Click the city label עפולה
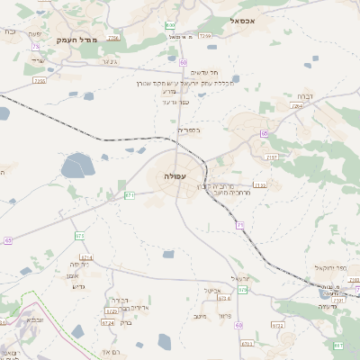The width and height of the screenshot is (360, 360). pyautogui.click(x=175, y=176)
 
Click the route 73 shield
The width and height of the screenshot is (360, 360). pyautogui.click(x=35, y=46)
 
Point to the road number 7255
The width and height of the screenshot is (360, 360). pyautogui.click(x=39, y=81)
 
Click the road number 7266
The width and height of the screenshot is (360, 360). pyautogui.click(x=112, y=39)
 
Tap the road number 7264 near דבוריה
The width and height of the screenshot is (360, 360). pyautogui.click(x=297, y=106)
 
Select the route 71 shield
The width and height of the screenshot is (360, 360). pyautogui.click(x=240, y=224)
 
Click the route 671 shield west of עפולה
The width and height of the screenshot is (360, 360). pyautogui.click(x=130, y=194)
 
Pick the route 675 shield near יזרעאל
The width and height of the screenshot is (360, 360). pyautogui.click(x=242, y=290)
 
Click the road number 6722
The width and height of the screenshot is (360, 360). pyautogui.click(x=110, y=310)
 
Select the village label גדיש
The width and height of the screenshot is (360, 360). pyautogui.click(x=76, y=286)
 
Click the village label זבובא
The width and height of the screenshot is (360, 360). pyautogui.click(x=34, y=319)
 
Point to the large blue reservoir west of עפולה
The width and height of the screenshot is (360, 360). pyautogui.click(x=78, y=166)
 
